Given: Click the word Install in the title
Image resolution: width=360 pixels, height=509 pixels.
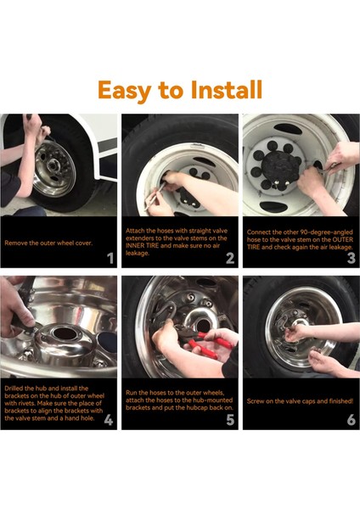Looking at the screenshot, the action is click(x=226, y=89).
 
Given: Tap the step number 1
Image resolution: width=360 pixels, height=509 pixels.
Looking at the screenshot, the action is click(x=110, y=259).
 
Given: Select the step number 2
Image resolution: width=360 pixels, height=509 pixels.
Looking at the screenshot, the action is click(x=230, y=259).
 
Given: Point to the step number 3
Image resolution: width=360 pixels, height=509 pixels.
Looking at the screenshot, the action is click(x=352, y=259).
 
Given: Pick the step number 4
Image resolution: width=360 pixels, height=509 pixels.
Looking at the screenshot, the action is click(x=109, y=420).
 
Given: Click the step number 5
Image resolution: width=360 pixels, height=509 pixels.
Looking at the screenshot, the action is click(x=230, y=420).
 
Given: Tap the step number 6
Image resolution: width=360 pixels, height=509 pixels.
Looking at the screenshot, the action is click(x=352, y=420).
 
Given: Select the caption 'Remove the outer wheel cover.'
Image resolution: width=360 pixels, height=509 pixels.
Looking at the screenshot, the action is click(x=48, y=243).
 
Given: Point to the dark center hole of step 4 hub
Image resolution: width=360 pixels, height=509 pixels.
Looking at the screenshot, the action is click(x=64, y=333).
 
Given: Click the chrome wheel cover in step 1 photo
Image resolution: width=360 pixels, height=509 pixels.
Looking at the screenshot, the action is click(x=54, y=169).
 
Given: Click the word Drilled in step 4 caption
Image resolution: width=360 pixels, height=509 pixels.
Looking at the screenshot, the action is click(x=14, y=389).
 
